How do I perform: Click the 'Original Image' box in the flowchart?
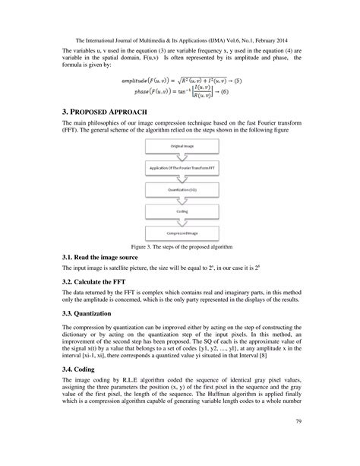[x=180, y=144]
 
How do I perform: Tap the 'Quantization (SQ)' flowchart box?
[x=180, y=189]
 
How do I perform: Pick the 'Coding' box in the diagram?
[x=180, y=212]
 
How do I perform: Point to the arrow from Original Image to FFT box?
[x=180, y=155]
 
